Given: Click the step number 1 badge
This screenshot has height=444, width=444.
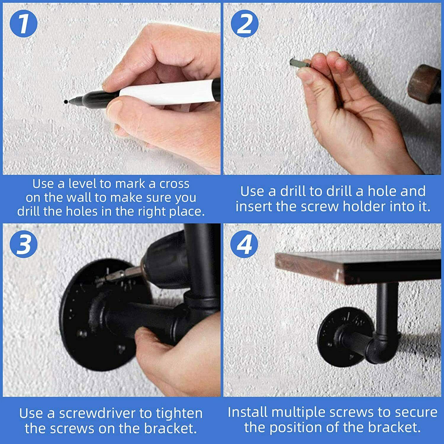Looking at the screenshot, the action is click(24, 24).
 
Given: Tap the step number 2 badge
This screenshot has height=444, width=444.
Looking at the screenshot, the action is click(245, 24).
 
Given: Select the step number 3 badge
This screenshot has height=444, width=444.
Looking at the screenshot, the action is click(24, 244).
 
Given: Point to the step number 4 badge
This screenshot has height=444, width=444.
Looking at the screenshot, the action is click(245, 244).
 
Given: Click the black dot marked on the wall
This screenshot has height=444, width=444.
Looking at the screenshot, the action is click(65, 102).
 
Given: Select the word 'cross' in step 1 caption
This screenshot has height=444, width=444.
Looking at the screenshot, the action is click(174, 184).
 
